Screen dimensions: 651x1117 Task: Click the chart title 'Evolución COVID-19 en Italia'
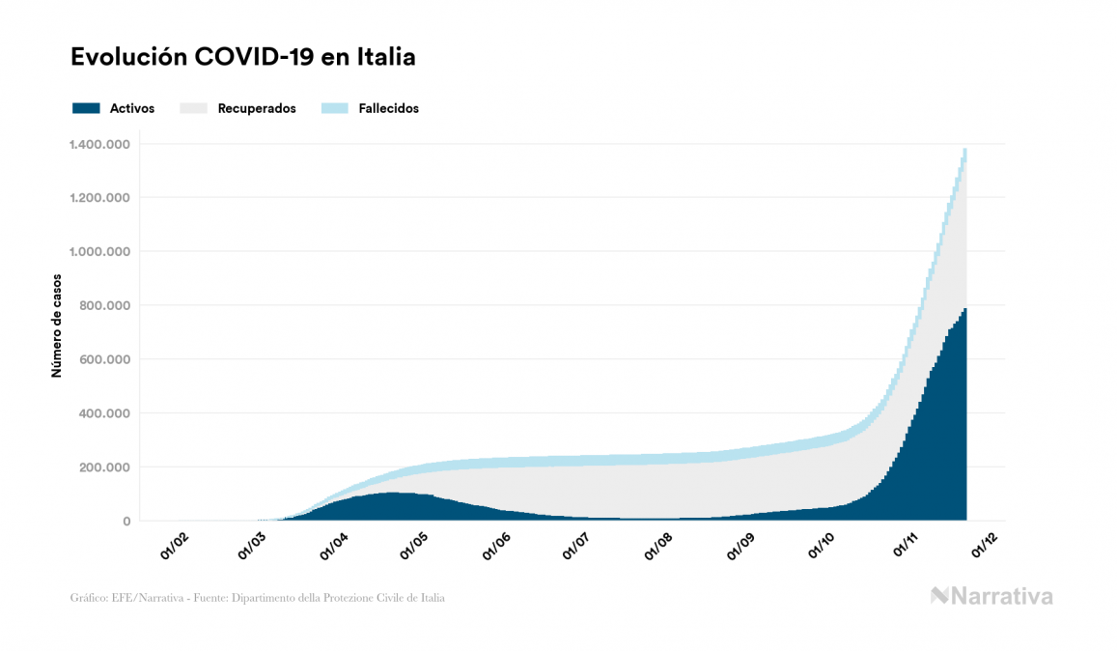pyautogui.click(x=242, y=57)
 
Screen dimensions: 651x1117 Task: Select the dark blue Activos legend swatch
pyautogui.click(x=86, y=108)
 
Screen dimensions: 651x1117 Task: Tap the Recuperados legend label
pyautogui.click(x=257, y=108)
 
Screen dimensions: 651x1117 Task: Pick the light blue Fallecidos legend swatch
pyautogui.click(x=334, y=108)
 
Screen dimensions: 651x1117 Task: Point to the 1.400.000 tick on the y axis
pyautogui.click(x=99, y=144)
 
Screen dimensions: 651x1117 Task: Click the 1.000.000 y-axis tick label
pyautogui.click(x=99, y=252)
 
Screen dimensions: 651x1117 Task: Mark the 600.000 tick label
pyautogui.click(x=103, y=359)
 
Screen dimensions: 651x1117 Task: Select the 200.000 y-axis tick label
pyautogui.click(x=103, y=467)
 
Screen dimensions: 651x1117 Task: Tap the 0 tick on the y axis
pyautogui.click(x=126, y=522)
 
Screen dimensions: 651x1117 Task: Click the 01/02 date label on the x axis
pyautogui.click(x=175, y=545)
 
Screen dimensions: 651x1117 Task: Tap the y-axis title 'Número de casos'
pyautogui.click(x=57, y=325)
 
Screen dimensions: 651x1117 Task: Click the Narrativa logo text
pyautogui.click(x=1001, y=596)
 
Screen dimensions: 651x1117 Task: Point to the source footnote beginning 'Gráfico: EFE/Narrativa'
pyautogui.click(x=258, y=598)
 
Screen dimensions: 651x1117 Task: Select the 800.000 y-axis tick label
pyautogui.click(x=103, y=306)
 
